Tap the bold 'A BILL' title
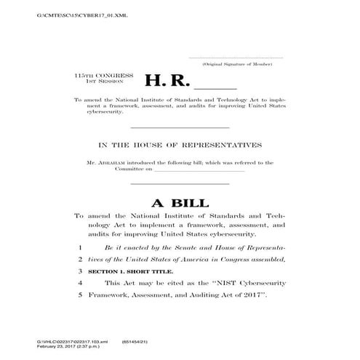click(x=180, y=202)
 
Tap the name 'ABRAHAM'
click(x=113, y=162)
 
